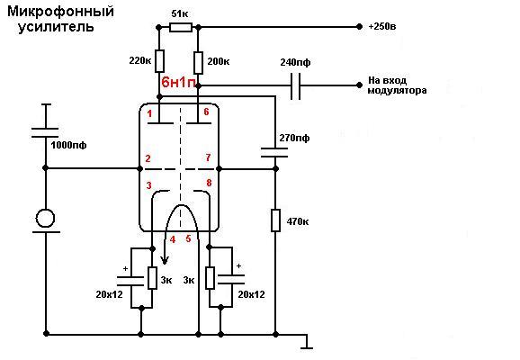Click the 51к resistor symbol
click(x=181, y=27)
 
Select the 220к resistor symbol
click(x=159, y=61)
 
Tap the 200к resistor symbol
click(x=198, y=62)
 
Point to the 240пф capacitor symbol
click(x=295, y=86)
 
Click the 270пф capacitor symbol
click(x=274, y=153)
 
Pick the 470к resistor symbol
click(x=275, y=220)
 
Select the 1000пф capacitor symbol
click(x=45, y=132)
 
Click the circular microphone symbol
click(x=45, y=219)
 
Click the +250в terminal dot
click(x=359, y=26)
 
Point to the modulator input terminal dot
click(x=359, y=85)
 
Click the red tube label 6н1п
click(x=178, y=82)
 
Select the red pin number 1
click(x=149, y=113)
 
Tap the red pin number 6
click(x=206, y=112)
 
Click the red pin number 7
click(x=208, y=157)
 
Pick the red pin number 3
click(x=149, y=185)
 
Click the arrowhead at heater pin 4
click(x=165, y=260)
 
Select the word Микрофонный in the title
click(x=60, y=12)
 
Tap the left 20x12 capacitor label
click(x=110, y=294)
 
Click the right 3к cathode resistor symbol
click(x=210, y=278)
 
